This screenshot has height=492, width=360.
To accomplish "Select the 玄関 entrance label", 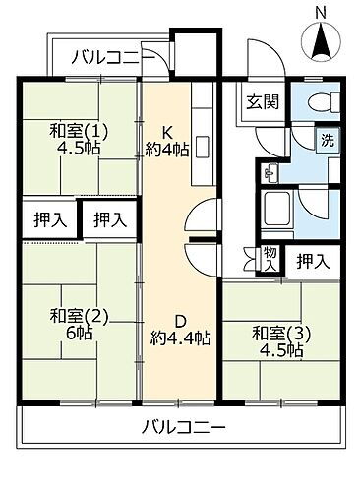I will (x=261, y=101).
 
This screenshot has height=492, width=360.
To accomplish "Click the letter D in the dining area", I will (x=180, y=319).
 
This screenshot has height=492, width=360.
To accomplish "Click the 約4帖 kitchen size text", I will (x=169, y=150).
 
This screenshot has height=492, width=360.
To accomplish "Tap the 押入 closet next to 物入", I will (x=313, y=261).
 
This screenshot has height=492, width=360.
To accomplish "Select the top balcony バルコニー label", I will (x=111, y=57).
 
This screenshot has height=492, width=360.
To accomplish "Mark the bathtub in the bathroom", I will (x=278, y=208).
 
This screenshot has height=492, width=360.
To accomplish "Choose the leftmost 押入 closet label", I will (x=46, y=219).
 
